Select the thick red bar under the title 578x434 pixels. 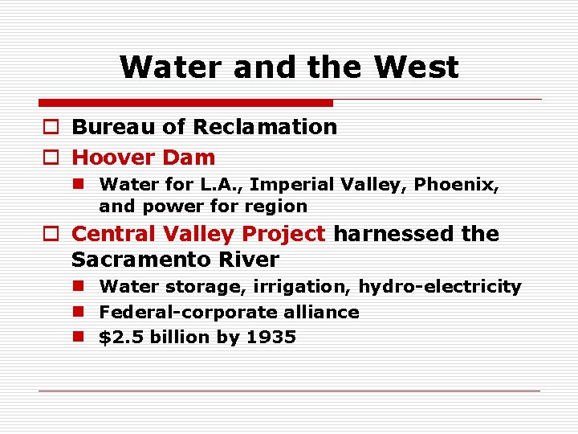point(185,103)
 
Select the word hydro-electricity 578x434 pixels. point(440,286)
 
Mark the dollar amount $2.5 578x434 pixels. point(117,338)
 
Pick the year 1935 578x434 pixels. point(271,338)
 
